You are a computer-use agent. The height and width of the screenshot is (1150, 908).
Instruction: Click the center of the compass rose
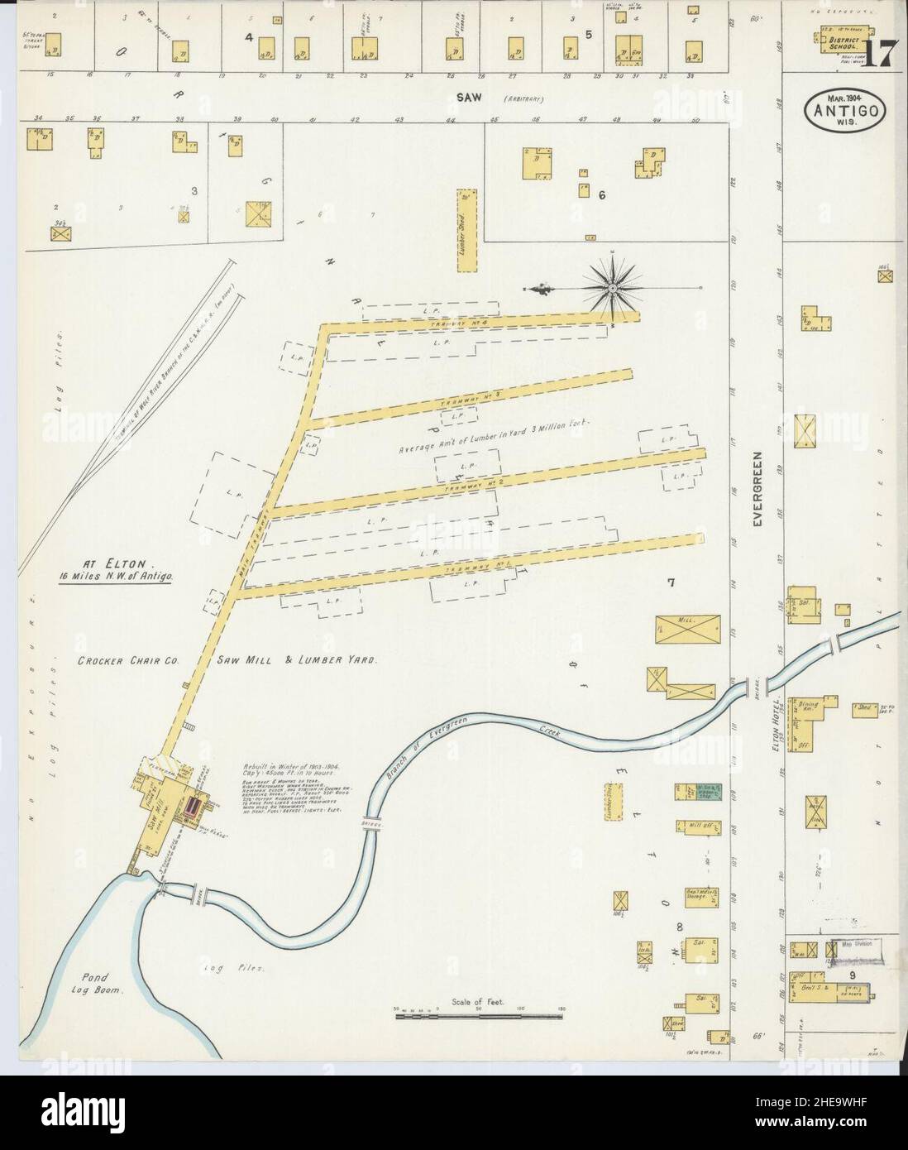point(612,287)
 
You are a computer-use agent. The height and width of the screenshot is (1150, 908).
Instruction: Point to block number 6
point(603,195)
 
